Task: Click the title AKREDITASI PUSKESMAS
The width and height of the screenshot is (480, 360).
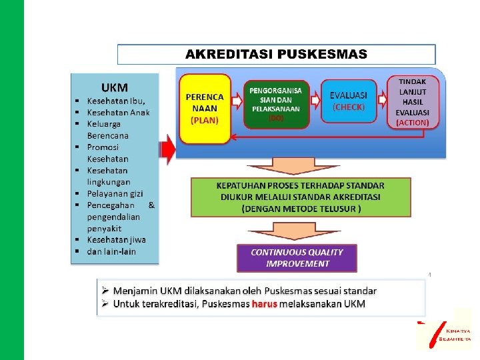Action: (276, 55)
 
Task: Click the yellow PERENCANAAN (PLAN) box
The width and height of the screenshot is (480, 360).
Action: (205, 109)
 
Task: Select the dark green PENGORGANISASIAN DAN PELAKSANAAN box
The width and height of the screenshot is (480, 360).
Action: (275, 103)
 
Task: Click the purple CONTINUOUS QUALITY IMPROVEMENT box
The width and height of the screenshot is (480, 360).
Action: (297, 257)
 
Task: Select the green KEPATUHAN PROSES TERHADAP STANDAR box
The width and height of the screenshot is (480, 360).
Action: (301, 196)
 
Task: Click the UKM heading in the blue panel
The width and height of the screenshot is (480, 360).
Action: (114, 87)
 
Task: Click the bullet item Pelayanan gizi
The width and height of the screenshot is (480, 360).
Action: (115, 193)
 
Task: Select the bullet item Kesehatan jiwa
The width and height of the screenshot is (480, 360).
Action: (116, 239)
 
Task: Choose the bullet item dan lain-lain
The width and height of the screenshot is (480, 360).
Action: (111, 251)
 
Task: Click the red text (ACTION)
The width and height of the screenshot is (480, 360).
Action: (413, 123)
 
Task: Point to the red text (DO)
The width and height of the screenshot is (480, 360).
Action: (275, 118)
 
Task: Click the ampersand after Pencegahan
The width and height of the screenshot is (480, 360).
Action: (151, 205)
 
